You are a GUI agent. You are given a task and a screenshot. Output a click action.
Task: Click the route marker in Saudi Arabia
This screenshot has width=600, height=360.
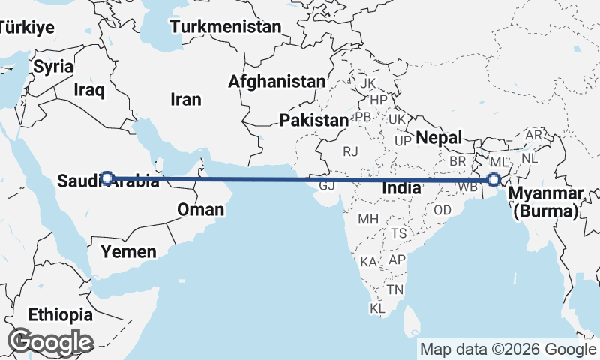(x=107, y=178)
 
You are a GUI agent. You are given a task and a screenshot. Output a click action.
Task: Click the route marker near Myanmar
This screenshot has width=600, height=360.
(x=493, y=180)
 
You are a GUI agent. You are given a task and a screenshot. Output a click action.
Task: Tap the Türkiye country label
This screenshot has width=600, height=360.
(x=27, y=28)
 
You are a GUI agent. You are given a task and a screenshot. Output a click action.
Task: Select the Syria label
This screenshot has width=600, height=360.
(x=53, y=66)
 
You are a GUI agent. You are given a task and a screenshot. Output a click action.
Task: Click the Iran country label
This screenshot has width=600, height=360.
(x=186, y=99)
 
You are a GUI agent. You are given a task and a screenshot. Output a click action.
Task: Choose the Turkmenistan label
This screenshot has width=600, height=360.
(x=225, y=27)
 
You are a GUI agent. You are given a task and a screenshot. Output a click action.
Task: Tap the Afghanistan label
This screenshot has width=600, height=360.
(x=278, y=81)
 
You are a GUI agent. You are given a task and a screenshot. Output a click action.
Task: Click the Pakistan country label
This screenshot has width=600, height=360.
(x=314, y=120)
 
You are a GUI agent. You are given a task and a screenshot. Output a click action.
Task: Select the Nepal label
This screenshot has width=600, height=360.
(x=436, y=137)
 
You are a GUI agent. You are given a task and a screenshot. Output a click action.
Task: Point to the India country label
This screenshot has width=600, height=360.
(x=400, y=189)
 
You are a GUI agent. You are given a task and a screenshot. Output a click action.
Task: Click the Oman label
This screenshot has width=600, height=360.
(x=200, y=209)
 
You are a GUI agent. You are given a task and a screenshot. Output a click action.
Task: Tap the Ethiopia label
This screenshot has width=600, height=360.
(x=60, y=314)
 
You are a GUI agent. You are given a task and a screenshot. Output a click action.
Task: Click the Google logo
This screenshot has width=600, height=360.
(x=50, y=341)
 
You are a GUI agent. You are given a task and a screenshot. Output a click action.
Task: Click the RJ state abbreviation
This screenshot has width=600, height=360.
(x=351, y=152)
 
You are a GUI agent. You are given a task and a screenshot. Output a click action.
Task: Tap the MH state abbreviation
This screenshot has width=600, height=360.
(x=367, y=220)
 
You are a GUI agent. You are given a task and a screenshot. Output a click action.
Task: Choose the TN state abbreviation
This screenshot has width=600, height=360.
(x=395, y=289)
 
